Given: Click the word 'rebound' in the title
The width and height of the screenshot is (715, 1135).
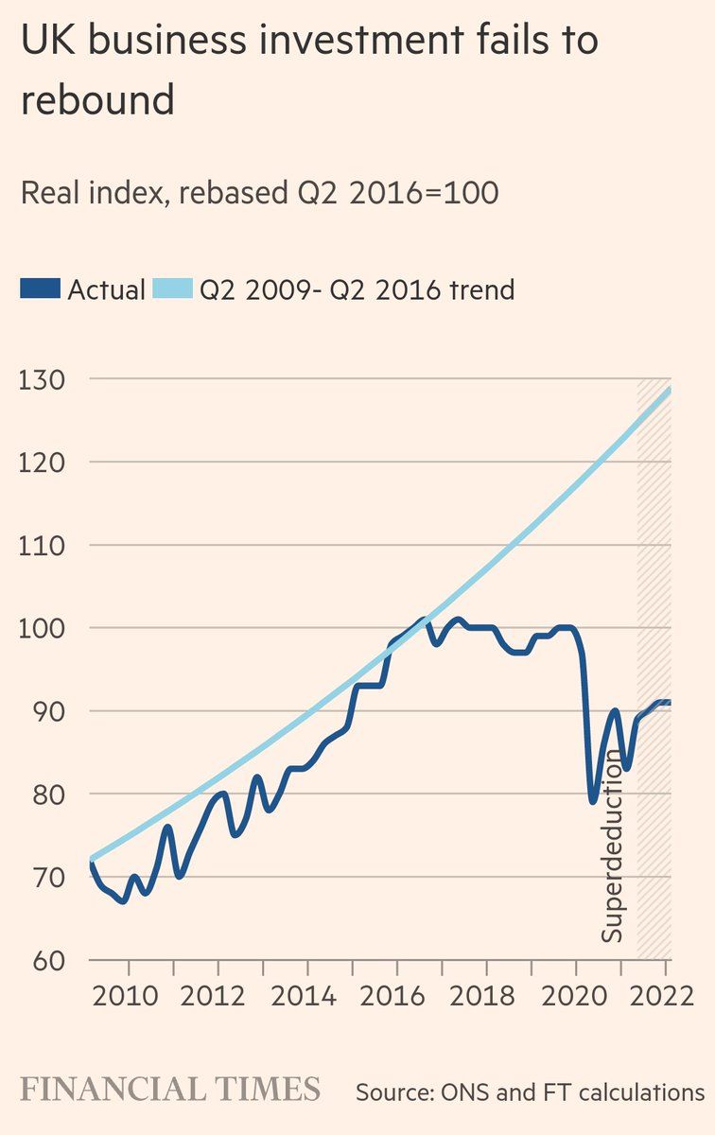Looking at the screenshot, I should click(x=97, y=99).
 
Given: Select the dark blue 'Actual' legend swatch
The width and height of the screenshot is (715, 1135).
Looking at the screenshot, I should click(x=40, y=289).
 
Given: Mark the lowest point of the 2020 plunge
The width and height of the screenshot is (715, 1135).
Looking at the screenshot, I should click(x=593, y=801).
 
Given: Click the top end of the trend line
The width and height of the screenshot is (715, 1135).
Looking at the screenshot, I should click(x=669, y=390).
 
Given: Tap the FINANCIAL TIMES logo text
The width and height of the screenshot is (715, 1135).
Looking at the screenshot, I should click(x=170, y=1089).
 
